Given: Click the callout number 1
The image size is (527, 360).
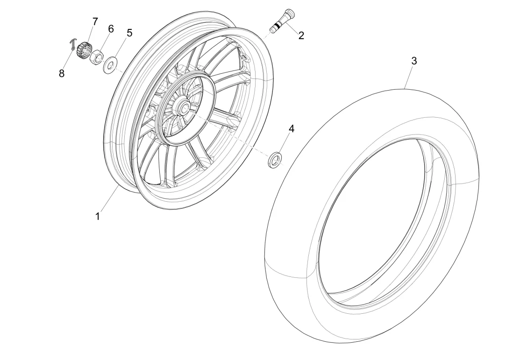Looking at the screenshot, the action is click(x=98, y=217).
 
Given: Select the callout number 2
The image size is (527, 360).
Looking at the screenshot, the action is click(x=301, y=35).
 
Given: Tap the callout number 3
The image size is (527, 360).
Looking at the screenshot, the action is click(x=414, y=61).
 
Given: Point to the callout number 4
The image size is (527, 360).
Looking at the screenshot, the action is click(x=292, y=128).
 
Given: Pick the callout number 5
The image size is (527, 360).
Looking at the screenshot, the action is click(x=129, y=33).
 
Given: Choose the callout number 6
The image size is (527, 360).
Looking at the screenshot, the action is click(x=111, y=29).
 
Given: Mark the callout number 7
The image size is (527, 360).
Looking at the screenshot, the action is click(x=95, y=21).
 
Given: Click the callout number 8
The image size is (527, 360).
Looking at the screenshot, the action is click(x=62, y=73).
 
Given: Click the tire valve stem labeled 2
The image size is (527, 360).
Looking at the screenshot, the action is click(x=283, y=21).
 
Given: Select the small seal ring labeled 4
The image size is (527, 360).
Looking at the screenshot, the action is click(x=275, y=159).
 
